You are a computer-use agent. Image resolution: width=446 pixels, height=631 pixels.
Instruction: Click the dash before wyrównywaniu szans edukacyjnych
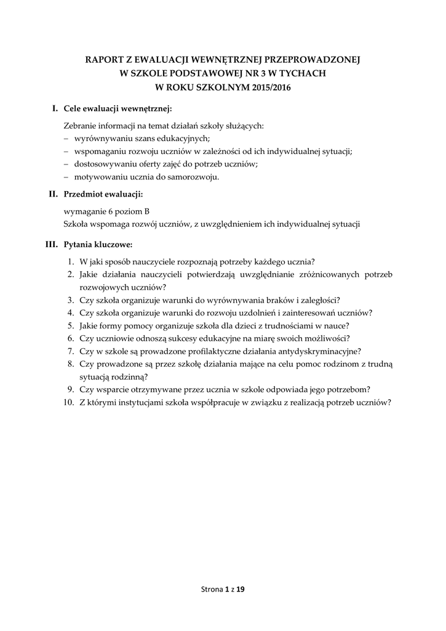point(66,139)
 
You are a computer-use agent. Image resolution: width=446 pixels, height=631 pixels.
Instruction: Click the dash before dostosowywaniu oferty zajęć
point(66,164)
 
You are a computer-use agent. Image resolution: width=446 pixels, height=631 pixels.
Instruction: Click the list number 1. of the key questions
point(71,261)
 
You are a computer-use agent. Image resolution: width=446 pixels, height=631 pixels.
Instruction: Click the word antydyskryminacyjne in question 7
point(321,351)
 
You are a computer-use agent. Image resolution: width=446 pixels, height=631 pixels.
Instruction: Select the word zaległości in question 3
point(316,299)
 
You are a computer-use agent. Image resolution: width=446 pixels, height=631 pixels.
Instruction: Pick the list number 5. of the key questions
point(71,325)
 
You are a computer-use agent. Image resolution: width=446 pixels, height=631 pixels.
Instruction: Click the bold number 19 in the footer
point(241,590)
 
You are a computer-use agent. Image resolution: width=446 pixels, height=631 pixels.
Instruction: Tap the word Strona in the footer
point(212,590)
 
